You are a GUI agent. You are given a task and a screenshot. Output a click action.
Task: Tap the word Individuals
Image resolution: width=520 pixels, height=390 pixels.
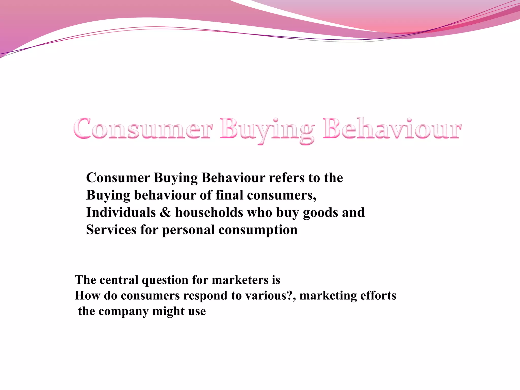(121, 213)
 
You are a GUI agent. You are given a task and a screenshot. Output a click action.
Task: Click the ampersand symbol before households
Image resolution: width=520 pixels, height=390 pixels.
(165, 213)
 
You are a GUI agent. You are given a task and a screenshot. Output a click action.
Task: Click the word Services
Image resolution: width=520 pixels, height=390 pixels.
(111, 230)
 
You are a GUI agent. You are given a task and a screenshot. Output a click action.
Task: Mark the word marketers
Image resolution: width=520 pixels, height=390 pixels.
(240, 280)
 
